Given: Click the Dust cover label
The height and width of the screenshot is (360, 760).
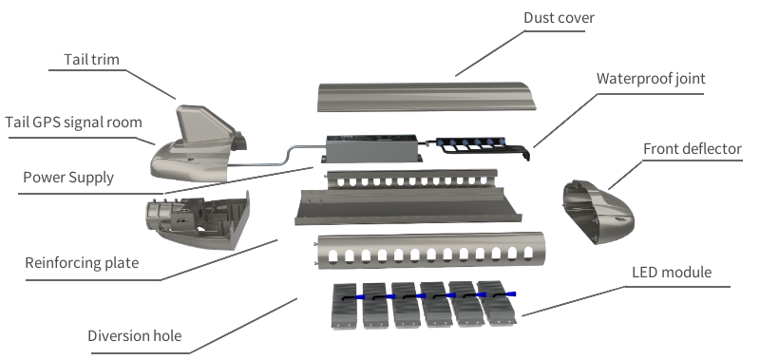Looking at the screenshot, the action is click(559, 18).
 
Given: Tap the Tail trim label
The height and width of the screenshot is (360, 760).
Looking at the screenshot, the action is click(91, 60).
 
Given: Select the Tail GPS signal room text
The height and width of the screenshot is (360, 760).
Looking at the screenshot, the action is click(74, 123).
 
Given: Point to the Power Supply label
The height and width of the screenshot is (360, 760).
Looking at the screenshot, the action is click(68, 178).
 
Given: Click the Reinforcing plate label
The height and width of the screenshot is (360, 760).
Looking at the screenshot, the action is click(82, 262).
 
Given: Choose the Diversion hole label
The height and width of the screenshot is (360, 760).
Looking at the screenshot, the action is click(135, 335).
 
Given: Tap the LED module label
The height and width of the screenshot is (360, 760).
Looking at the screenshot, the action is click(672, 273).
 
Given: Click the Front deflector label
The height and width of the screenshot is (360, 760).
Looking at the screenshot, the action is click(693, 149).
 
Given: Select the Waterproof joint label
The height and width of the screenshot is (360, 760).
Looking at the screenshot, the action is click(651, 79).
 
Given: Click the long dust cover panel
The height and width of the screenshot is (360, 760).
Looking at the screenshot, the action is click(427, 97).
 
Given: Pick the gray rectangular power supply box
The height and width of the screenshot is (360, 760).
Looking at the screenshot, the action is click(372, 148).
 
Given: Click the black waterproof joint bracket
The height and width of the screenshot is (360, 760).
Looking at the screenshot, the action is click(480, 147).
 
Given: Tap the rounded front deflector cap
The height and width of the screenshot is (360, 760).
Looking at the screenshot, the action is click(598, 212).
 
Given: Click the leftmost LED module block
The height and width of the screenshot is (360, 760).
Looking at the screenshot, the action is click(344, 306).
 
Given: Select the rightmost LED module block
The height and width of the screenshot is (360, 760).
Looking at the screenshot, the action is click(496, 303).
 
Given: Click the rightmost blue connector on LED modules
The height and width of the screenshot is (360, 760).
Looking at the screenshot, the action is click(510, 294).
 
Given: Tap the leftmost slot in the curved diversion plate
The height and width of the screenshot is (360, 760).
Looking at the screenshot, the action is click(333, 256).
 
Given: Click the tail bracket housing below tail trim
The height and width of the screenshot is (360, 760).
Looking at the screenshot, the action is click(198, 220).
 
